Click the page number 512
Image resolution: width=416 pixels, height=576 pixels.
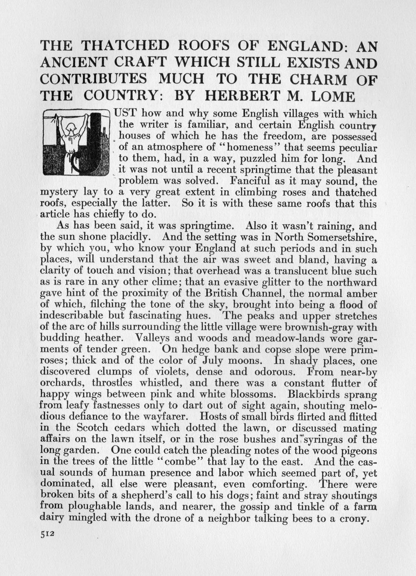pos(48,534)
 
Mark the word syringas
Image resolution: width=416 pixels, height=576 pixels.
pos(332,440)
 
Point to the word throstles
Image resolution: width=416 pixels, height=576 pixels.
pos(112,383)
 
